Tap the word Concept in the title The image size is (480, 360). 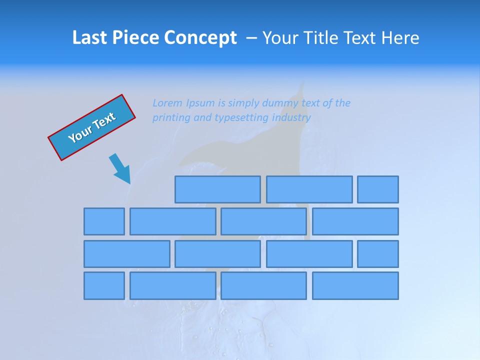point(200,38)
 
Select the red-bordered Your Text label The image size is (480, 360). point(92,127)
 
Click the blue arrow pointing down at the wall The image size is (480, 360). point(120,168)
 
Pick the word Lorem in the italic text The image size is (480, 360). point(167,103)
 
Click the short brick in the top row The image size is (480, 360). point(378,189)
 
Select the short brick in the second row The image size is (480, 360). point(104,221)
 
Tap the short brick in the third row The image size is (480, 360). point(378,254)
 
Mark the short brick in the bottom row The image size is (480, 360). point(104,285)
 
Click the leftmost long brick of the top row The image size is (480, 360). point(217,189)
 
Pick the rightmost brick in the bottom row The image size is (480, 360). point(355,285)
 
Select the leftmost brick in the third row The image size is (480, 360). point(126,254)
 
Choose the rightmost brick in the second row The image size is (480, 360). point(355,221)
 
